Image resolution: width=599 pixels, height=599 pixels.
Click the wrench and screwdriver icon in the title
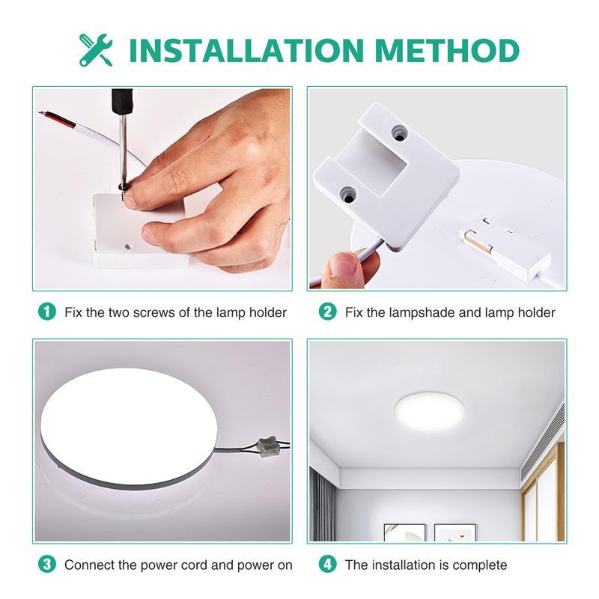96,49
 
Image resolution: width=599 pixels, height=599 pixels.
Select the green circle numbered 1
47,311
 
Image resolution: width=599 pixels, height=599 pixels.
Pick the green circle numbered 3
47,565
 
